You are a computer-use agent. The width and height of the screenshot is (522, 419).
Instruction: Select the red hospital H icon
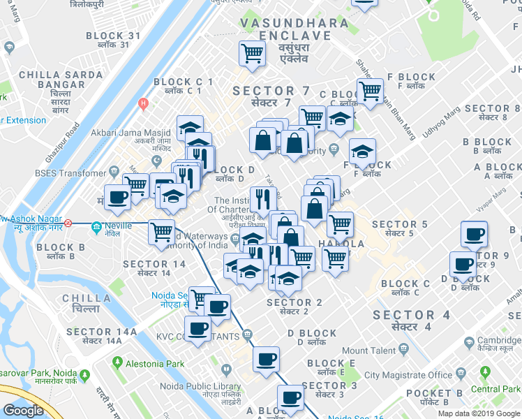coord(144,104)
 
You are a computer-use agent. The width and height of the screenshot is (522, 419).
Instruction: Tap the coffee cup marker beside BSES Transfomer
coord(117,196)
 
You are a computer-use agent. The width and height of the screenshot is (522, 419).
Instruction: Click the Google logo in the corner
coord(23,411)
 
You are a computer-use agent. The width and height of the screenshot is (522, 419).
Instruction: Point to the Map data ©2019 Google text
coord(479,413)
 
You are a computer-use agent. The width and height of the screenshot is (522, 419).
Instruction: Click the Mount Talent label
coord(369,351)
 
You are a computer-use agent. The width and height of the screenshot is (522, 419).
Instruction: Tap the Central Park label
coord(495,389)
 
